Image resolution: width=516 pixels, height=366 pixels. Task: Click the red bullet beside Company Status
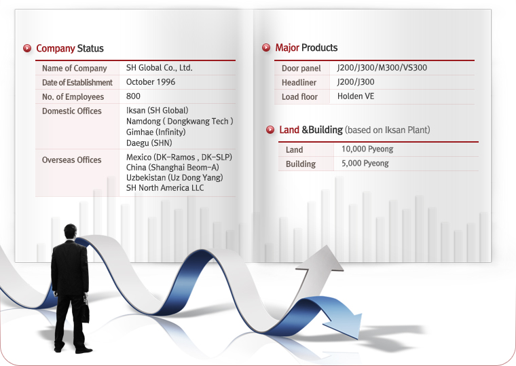(27, 48)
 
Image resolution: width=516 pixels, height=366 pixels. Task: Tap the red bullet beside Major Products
(266, 48)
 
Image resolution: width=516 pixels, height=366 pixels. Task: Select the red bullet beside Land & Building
(270, 130)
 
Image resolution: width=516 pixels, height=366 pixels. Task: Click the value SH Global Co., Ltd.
(160, 68)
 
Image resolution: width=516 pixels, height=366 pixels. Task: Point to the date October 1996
(151, 82)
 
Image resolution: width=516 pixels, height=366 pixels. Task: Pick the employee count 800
(133, 96)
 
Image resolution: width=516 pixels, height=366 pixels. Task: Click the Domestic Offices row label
(72, 111)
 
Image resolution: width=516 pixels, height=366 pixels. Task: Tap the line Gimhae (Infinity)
(156, 132)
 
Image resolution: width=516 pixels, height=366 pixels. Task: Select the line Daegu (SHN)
(149, 143)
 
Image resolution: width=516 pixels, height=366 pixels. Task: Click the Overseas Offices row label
(72, 160)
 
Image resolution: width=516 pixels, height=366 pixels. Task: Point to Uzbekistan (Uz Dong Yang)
(174, 178)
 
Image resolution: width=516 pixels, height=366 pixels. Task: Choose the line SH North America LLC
(165, 188)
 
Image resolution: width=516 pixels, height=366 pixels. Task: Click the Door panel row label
(301, 69)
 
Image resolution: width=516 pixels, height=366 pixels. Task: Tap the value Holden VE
(356, 96)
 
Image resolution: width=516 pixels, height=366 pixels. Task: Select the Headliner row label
(299, 83)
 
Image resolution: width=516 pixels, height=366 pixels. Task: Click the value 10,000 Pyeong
(367, 149)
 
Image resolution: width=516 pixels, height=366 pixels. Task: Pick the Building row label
(301, 164)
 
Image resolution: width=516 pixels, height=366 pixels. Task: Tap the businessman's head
(70, 232)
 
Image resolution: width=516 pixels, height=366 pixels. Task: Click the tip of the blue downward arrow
(357, 339)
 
